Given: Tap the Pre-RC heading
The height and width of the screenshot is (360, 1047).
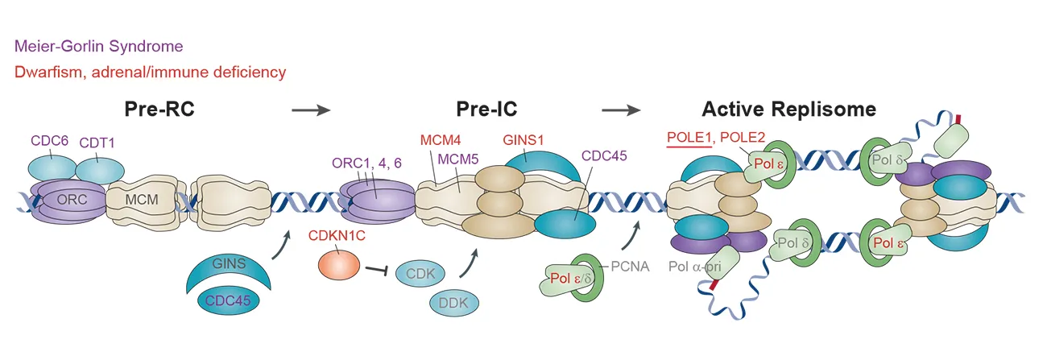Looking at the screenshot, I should pos(159,110).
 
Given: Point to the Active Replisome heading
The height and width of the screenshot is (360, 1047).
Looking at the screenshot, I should pos(788,110).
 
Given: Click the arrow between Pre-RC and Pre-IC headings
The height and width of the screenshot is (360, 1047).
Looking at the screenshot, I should pos(311,110).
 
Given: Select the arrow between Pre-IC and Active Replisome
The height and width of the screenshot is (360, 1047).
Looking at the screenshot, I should pos(621,110).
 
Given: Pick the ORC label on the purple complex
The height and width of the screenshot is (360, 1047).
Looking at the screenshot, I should pos(68,197).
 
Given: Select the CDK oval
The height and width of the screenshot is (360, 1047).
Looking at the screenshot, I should pos(421,273).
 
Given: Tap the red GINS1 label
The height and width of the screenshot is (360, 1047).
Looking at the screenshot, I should pos(523,139).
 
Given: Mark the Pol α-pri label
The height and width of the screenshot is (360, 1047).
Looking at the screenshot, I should pos(697,266).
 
